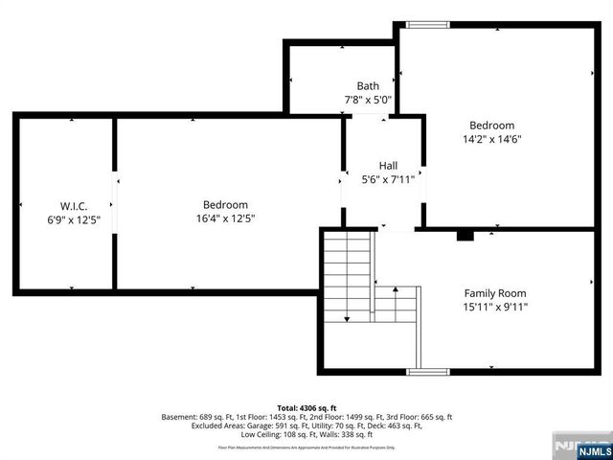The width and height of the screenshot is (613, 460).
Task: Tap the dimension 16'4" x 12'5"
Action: coord(225,218)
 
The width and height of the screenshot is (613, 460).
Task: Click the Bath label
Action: coord(368,85)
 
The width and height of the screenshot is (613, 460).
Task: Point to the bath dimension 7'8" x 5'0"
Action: coord(368,100)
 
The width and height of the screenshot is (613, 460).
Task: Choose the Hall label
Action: coord(388,165)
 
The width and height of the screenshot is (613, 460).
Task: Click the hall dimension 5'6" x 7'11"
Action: coord(388,179)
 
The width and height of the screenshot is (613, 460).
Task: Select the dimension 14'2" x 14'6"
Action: coord(491,139)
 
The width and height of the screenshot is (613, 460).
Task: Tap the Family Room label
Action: coord(495,293)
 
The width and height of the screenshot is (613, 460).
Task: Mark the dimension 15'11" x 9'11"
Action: coord(495,308)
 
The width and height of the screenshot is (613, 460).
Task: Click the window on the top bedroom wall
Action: coord(426,25)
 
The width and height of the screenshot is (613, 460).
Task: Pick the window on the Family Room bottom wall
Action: coord(428,371)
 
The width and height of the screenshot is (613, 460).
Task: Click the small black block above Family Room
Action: coord(465,235)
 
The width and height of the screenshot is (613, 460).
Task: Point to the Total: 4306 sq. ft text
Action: coord(306,406)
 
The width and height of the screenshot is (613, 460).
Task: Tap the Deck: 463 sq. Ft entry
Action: coord(399,426)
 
